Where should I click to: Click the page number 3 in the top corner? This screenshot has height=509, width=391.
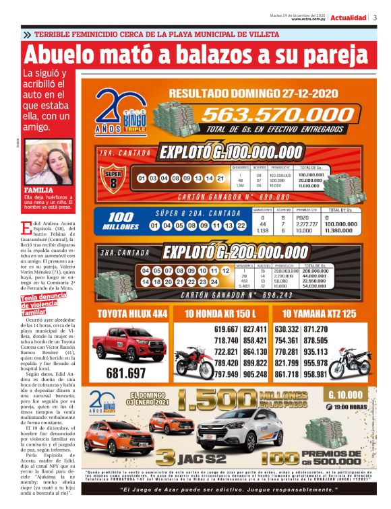375,18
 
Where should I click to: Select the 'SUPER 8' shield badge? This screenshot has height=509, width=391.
114,180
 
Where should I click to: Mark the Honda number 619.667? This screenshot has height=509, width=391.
226,329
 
